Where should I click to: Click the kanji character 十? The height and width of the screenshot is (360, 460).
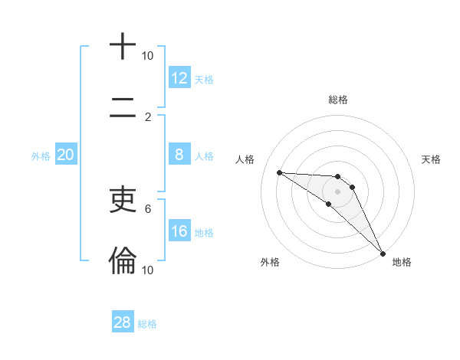(123, 47)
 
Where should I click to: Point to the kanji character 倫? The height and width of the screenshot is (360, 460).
(123, 260)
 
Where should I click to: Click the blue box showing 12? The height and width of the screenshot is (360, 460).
(179, 78)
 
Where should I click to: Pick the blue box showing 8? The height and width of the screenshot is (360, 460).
(179, 155)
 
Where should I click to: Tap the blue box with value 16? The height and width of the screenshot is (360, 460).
(179, 231)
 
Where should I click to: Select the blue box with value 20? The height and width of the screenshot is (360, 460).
(66, 155)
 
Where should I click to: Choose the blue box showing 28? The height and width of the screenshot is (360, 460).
(123, 322)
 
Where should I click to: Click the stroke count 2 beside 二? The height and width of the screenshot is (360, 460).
(148, 116)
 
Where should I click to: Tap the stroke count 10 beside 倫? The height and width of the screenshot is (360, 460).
(148, 270)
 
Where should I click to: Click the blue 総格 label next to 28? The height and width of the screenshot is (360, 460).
(147, 324)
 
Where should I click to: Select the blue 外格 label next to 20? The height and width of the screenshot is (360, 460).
(41, 156)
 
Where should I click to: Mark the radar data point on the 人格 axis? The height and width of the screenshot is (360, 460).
(279, 172)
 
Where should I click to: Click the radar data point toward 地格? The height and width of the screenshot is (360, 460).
(383, 253)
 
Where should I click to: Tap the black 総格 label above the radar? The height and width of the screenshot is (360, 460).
(338, 100)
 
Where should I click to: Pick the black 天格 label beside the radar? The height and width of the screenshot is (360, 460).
(431, 159)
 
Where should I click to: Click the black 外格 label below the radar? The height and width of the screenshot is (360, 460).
(270, 262)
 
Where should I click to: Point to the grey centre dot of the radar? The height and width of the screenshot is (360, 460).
(337, 191)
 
